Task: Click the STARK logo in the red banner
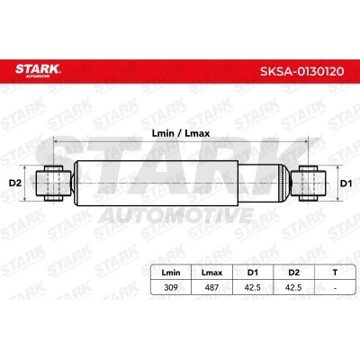pyautogui.click(x=38, y=70)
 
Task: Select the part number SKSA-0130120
pyautogui.click(x=301, y=71)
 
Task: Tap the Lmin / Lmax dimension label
pyautogui.click(x=181, y=133)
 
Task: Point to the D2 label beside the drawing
pyautogui.click(x=15, y=183)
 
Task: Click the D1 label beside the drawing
pyautogui.click(x=346, y=183)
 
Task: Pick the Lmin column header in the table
pyautogui.click(x=171, y=273)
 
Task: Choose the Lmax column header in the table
pyautogui.click(x=211, y=273)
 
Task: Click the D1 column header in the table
pyautogui.click(x=253, y=273)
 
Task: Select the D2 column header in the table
pyautogui.click(x=293, y=273)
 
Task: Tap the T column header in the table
pyautogui.click(x=335, y=273)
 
